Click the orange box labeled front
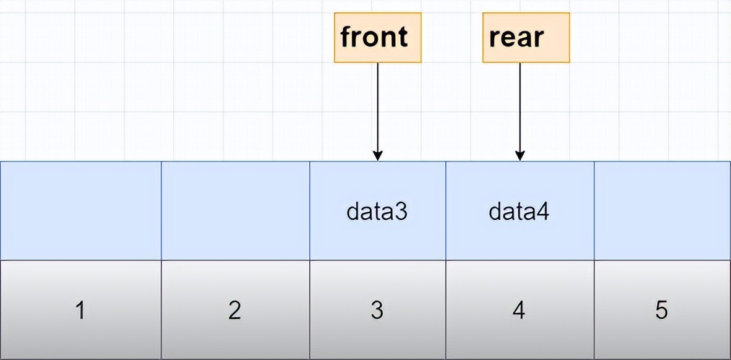[377, 37]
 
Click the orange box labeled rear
[526, 37]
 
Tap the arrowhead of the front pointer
[378, 155]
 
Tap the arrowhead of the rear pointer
[520, 155]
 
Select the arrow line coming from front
[378, 105]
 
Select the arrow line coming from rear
[520, 105]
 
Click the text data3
[377, 212]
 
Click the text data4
[519, 212]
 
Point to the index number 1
[80, 310]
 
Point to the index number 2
[234, 310]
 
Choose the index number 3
[377, 310]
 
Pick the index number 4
[519, 310]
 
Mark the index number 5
[661, 310]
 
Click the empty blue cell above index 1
[80, 210]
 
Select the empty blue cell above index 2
[235, 210]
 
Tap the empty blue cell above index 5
[662, 210]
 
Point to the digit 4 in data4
[544, 212]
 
